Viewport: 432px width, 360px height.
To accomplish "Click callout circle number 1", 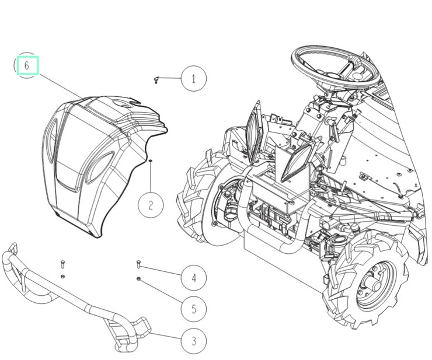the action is [x=194, y=79].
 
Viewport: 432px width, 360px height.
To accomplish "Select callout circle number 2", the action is [x=151, y=205].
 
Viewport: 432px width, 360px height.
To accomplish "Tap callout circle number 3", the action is [x=194, y=341].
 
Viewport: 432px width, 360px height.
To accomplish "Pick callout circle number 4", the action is [x=194, y=278].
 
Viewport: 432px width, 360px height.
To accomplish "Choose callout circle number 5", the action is [x=194, y=309].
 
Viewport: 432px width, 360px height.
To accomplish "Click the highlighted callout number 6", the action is [x=27, y=65].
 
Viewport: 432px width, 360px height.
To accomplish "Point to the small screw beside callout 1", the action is [x=156, y=80].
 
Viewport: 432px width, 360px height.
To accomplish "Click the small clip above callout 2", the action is [x=151, y=160].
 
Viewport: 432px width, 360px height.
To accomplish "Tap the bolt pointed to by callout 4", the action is [x=138, y=264].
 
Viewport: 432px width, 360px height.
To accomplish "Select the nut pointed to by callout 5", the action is [x=138, y=279].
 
